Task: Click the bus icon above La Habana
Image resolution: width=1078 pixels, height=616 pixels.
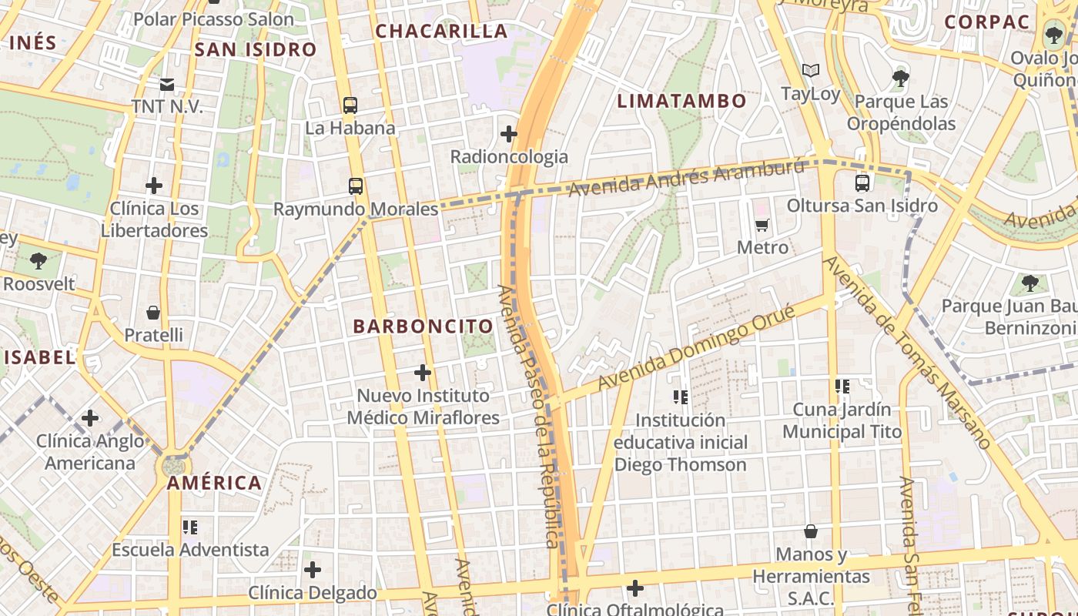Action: [350, 105]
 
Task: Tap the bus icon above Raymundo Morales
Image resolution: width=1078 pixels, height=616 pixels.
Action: [355, 186]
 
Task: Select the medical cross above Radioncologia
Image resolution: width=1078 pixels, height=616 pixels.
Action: [508, 134]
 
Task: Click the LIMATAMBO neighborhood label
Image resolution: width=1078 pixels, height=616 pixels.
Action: [682, 101]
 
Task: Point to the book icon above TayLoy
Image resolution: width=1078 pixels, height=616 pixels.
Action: [810, 71]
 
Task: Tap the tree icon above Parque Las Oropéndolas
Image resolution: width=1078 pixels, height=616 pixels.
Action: [899, 78]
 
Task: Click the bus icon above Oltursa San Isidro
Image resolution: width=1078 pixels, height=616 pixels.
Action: [862, 183]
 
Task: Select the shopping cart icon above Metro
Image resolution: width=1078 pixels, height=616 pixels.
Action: [762, 225]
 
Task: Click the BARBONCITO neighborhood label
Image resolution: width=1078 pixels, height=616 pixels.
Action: [423, 326]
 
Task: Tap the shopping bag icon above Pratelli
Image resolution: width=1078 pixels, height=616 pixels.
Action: [153, 313]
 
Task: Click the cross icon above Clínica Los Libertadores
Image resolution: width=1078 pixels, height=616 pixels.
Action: [154, 186]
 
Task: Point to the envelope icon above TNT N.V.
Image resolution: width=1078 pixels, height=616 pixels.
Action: [166, 84]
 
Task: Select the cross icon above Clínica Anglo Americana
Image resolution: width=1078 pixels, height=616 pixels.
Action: [90, 418]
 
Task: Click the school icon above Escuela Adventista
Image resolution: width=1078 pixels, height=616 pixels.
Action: [189, 527]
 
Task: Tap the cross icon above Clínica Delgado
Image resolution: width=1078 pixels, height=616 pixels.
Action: [312, 570]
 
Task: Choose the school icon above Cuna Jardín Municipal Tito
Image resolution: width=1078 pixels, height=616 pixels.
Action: [842, 387]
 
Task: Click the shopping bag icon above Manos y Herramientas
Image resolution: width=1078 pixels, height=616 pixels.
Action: [810, 531]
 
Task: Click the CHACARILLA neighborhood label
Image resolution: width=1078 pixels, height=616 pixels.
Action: [441, 32]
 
